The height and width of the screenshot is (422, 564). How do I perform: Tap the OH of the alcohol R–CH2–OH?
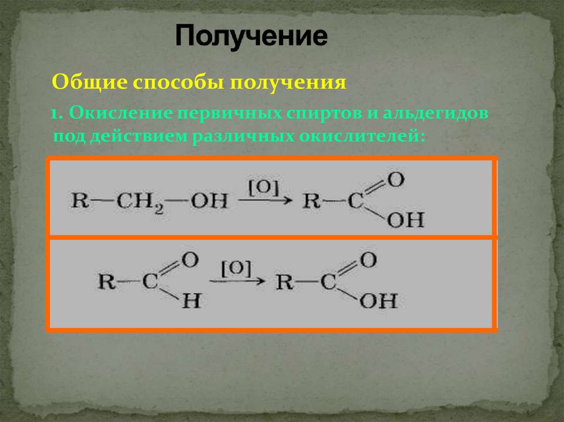[x=209, y=200]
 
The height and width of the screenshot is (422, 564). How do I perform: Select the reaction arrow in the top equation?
[x=264, y=201]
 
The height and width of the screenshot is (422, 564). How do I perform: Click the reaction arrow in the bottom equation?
[x=237, y=282]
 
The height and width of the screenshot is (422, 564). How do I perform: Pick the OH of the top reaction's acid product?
[x=405, y=220]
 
